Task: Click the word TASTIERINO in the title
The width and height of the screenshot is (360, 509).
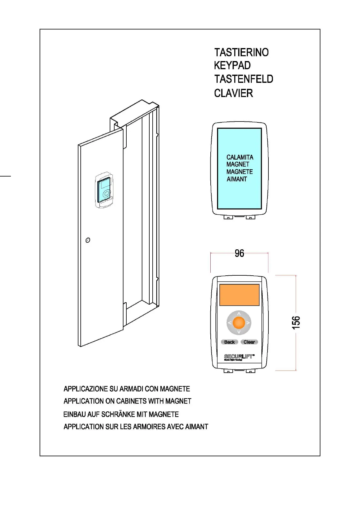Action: click(241, 53)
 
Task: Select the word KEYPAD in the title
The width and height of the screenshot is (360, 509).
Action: click(232, 66)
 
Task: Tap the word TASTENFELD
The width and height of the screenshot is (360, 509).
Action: click(244, 79)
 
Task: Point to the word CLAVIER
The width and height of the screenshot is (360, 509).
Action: click(233, 93)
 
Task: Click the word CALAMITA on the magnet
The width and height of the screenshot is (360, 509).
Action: click(240, 157)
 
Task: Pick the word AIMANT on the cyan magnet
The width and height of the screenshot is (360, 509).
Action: click(237, 179)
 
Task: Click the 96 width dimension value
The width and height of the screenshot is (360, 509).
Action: click(239, 253)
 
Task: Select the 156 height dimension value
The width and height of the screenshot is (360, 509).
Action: click(296, 323)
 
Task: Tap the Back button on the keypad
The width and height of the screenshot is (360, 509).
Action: click(229, 342)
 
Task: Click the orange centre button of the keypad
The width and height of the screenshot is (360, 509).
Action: click(239, 323)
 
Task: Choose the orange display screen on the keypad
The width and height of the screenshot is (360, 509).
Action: click(239, 295)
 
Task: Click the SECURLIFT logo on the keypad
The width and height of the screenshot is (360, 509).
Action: click(239, 357)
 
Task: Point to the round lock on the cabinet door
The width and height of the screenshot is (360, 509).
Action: click(88, 240)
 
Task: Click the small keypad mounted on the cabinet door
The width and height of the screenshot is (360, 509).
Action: click(104, 190)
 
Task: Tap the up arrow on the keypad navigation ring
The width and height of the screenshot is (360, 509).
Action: click(239, 314)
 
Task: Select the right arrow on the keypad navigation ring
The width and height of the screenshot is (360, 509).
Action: click(248, 323)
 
